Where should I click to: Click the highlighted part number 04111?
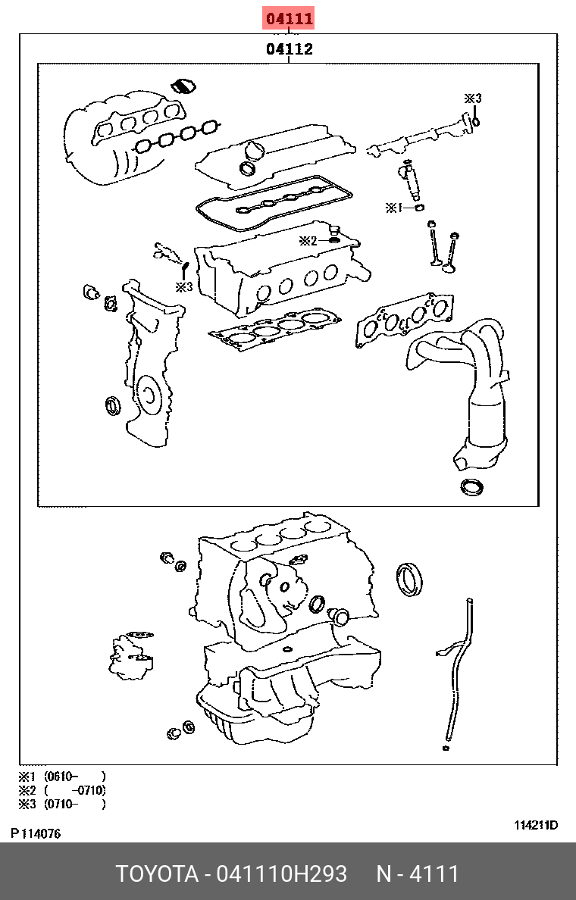pyautogui.click(x=289, y=19)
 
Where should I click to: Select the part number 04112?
pyautogui.click(x=289, y=50)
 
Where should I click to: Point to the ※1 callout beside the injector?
pyautogui.click(x=393, y=207)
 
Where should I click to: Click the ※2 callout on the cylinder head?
pyautogui.click(x=307, y=241)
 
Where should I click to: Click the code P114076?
pyautogui.click(x=36, y=834)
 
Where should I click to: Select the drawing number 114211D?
pyautogui.click(x=535, y=825)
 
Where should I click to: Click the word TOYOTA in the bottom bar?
pyautogui.click(x=156, y=874)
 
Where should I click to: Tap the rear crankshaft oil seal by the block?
pyautogui.click(x=412, y=580)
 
